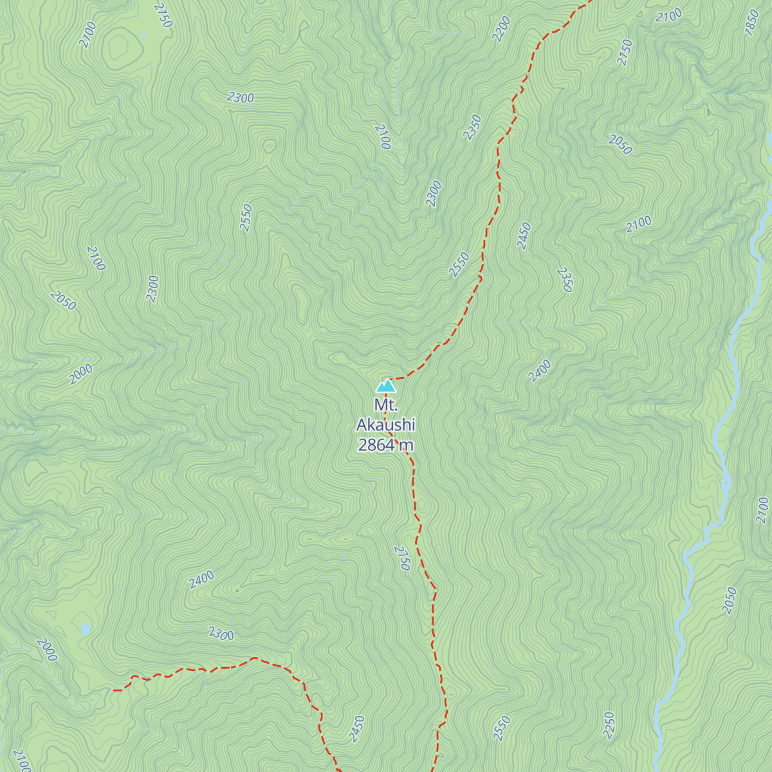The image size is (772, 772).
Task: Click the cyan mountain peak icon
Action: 386,386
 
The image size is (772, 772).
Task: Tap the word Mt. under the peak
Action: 386,405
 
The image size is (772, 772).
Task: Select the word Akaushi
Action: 386,425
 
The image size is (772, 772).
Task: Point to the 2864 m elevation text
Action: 386,445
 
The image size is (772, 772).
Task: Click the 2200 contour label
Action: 501,29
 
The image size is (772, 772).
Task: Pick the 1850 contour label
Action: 752,23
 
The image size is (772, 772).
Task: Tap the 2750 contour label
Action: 402,558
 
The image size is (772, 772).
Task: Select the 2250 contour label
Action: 609,726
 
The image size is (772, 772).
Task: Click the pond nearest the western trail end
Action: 86,628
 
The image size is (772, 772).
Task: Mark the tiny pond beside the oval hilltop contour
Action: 143,34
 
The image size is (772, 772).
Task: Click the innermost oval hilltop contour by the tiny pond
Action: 118,46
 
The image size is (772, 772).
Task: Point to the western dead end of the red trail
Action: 114,690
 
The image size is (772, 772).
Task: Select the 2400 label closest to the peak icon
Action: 540,371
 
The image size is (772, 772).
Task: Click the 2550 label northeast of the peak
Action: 459,264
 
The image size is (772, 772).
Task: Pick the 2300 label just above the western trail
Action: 221,634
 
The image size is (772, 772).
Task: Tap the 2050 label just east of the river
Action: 730,600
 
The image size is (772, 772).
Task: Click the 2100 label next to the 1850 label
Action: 668,16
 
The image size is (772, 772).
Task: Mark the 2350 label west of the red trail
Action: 472,127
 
